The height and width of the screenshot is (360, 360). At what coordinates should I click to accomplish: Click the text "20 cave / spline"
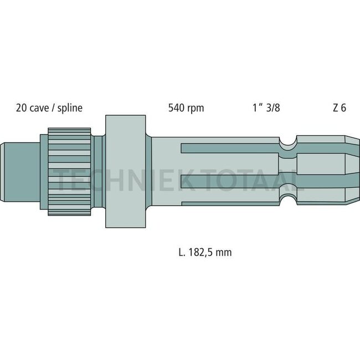pos(49,108)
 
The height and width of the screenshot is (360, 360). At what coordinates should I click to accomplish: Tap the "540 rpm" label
pos(186,108)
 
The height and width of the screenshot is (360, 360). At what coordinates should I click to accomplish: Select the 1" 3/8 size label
pos(264,108)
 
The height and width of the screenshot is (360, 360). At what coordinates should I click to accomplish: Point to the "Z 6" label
pos(340,108)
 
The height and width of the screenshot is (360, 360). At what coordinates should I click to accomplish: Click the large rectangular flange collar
pos(126,171)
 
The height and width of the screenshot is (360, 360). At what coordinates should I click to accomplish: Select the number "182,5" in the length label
pos(200,252)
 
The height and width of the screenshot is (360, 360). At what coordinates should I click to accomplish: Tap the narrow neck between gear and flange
pos(99,171)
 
